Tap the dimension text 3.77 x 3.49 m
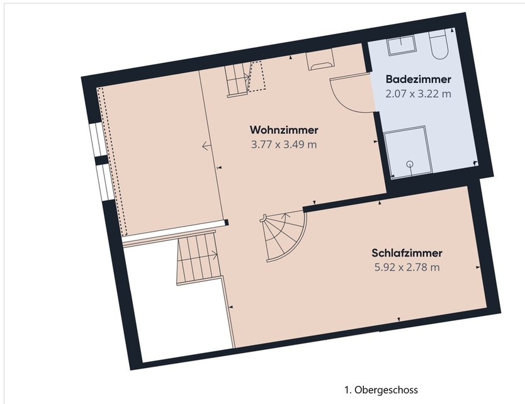point(283,144)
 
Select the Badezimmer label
point(418,80)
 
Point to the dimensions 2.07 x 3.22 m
point(418,94)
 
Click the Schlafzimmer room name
point(407,253)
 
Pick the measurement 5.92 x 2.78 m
point(407,267)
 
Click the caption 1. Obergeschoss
point(381,390)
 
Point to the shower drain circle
point(410,164)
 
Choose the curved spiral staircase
point(285,235)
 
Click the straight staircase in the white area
point(199,255)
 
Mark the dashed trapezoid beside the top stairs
point(257,76)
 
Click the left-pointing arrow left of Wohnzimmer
point(207,146)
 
